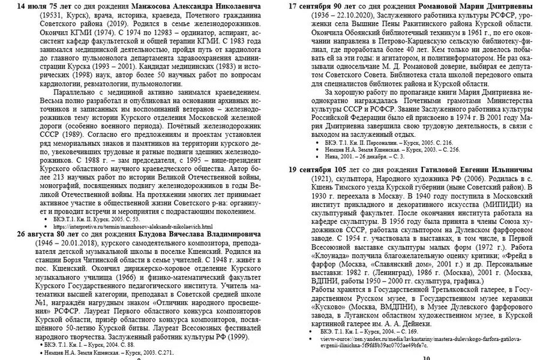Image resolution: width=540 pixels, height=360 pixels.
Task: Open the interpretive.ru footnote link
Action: (133, 226)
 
